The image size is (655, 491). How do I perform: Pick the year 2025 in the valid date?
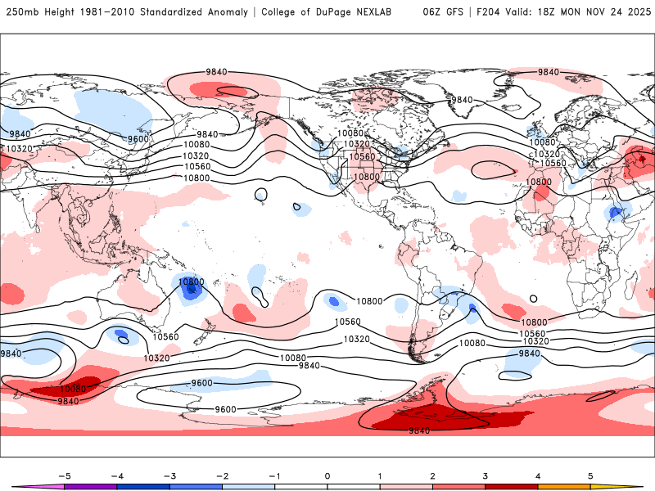[635, 12]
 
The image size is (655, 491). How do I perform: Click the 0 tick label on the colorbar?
[327, 475]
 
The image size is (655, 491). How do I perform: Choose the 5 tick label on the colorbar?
[590, 475]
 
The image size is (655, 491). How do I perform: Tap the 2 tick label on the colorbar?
[432, 475]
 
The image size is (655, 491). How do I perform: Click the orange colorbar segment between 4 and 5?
[564, 487]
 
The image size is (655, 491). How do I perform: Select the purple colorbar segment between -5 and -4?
[90, 487]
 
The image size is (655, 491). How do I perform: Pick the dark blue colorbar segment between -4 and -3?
[143, 487]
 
